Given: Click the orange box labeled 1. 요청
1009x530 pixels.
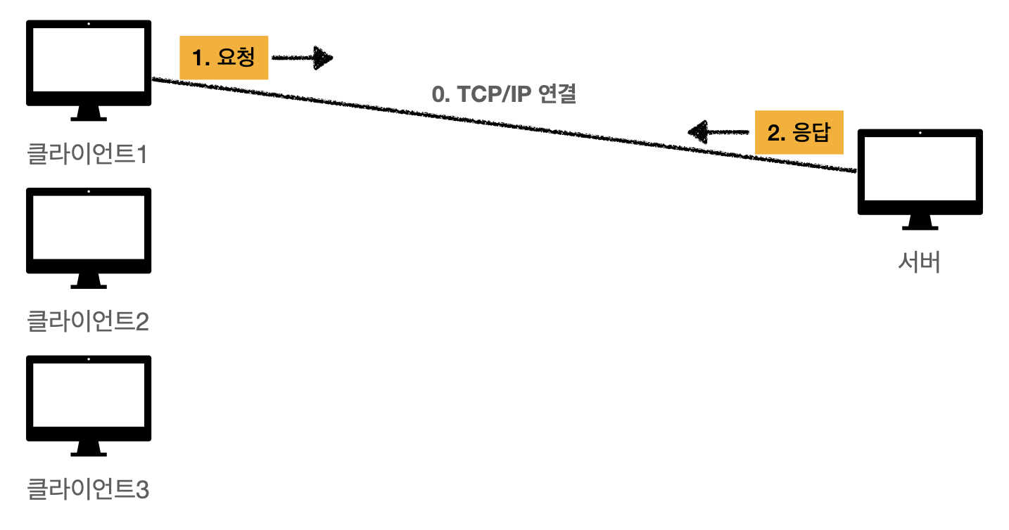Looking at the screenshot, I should tap(224, 58).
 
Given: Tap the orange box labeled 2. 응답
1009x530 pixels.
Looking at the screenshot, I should tap(799, 132).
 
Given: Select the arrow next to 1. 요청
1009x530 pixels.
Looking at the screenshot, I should tap(303, 58).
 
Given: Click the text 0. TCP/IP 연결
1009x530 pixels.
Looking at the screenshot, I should tap(504, 94).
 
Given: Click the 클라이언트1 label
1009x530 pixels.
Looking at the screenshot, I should tap(88, 154).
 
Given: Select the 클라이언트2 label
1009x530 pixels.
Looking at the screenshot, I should tap(88, 321).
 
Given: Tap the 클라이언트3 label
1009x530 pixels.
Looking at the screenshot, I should tap(88, 489).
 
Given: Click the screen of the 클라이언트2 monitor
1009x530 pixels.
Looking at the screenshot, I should tap(89, 229).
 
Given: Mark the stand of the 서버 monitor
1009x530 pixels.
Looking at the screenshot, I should tap(920, 223).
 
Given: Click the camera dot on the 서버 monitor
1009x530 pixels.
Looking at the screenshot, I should tap(920, 133).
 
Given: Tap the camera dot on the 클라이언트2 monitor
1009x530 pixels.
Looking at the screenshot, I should tap(89, 191).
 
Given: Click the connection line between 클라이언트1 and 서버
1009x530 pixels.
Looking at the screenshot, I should tap(504, 125).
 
